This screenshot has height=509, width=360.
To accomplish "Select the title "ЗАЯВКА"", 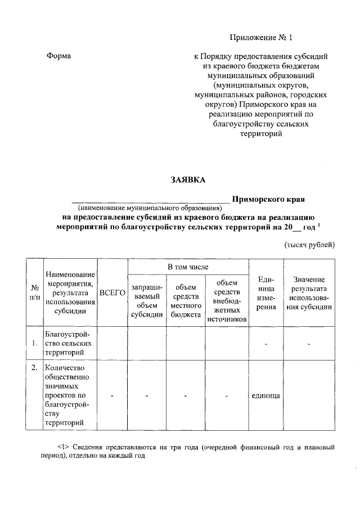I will (x=188, y=180).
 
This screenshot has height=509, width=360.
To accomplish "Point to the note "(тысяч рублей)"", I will (x=309, y=244).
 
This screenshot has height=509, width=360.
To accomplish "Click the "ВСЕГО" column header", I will (x=112, y=292).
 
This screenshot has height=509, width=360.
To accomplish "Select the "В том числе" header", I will (x=188, y=265).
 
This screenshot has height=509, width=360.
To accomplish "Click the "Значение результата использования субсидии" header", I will (x=309, y=292).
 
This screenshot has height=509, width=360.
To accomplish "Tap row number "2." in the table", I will (x=35, y=368).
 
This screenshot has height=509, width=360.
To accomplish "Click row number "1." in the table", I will (x=35, y=343).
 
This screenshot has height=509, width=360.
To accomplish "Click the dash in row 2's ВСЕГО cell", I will (x=112, y=396).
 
